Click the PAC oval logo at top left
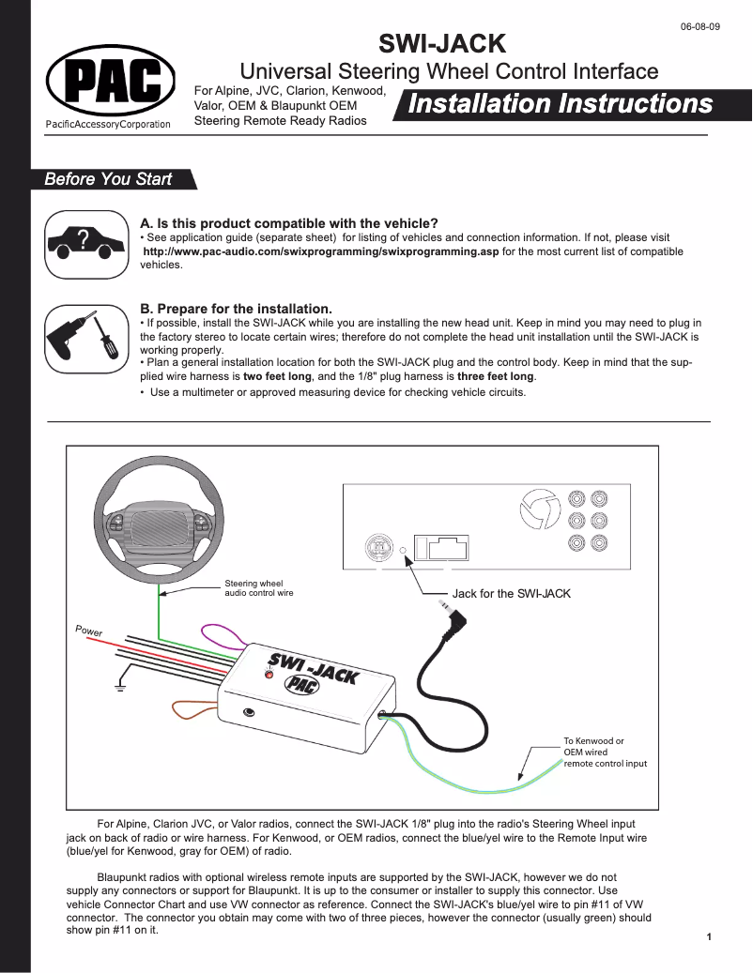point(111,82)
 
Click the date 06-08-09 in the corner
point(700,26)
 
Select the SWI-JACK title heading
point(441,43)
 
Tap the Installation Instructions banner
point(561,104)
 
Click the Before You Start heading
point(109,179)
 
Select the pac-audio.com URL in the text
point(320,251)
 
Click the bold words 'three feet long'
point(495,376)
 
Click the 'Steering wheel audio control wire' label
point(258,588)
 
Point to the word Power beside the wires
point(89,631)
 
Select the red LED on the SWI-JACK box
point(269,675)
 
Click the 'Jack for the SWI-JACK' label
point(511,594)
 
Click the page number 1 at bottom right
point(709,937)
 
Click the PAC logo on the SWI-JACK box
point(300,685)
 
